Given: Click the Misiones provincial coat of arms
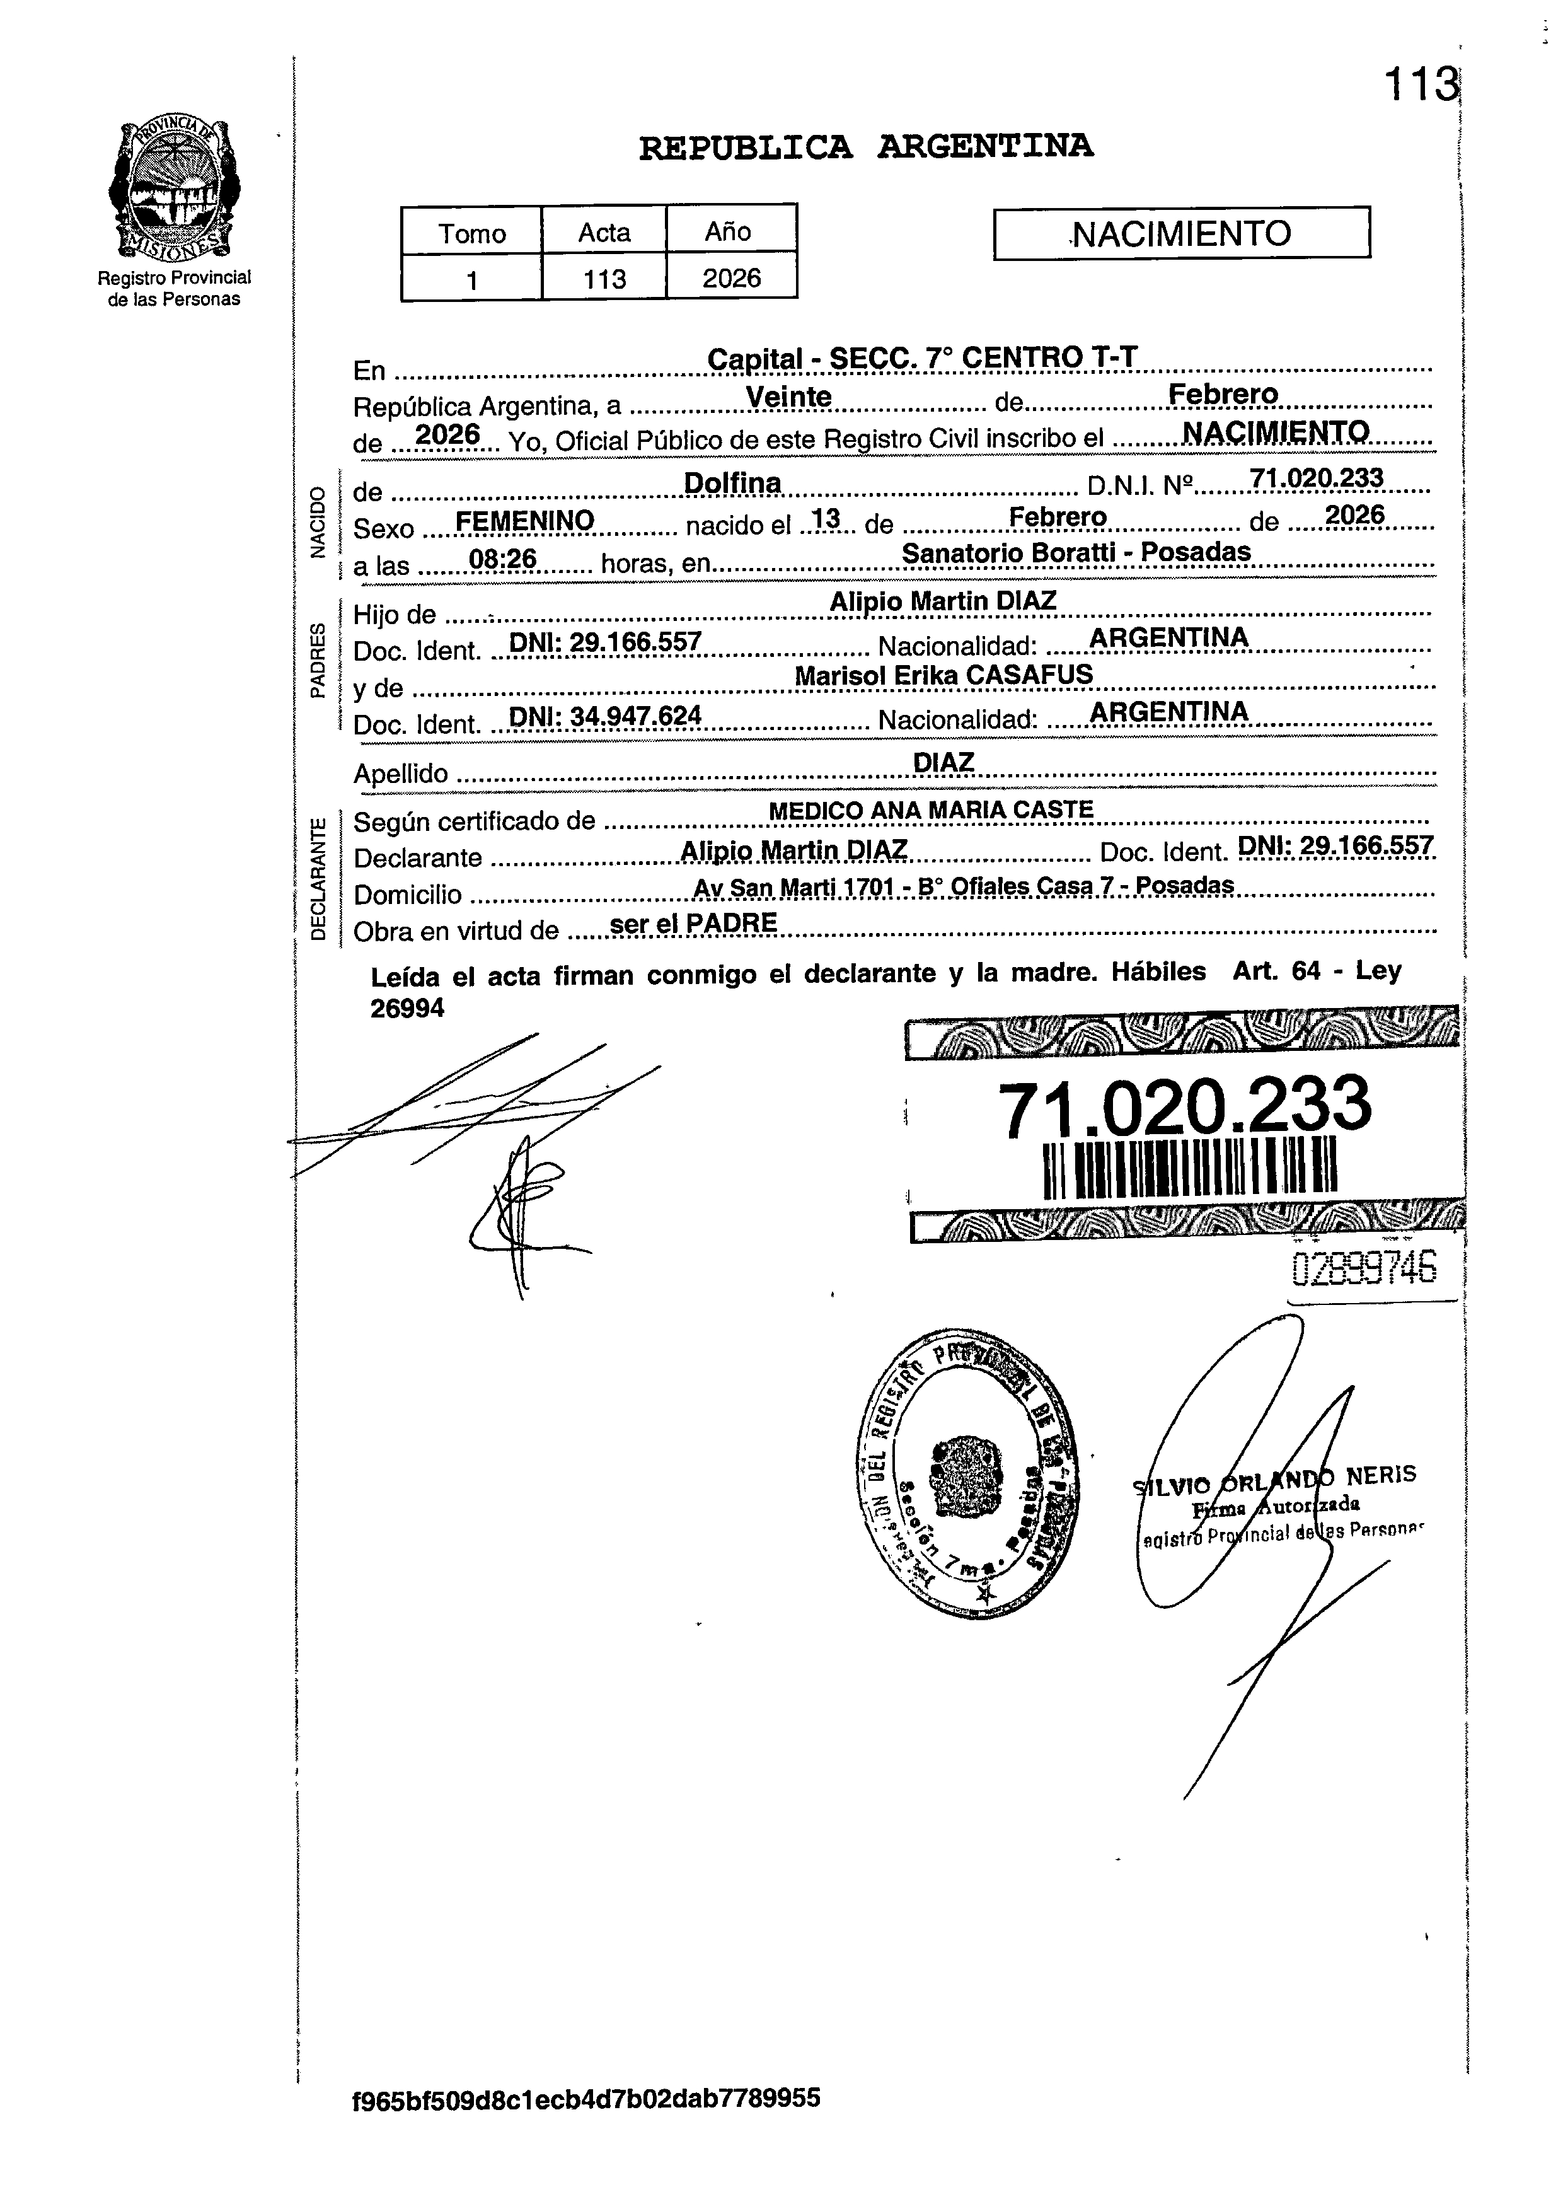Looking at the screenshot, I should click(x=174, y=190).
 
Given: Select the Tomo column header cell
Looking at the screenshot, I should click(x=471, y=233).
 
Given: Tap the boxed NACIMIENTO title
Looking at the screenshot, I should click(x=1181, y=233).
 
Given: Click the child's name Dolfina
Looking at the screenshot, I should click(x=732, y=482).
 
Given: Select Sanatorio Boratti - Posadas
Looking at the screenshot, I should click(x=1075, y=552).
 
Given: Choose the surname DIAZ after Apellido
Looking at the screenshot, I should click(x=943, y=762).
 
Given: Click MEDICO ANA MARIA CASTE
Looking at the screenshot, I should click(x=931, y=811).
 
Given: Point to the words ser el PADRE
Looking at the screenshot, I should click(x=694, y=923).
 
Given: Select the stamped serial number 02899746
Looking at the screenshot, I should click(x=1364, y=1268).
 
